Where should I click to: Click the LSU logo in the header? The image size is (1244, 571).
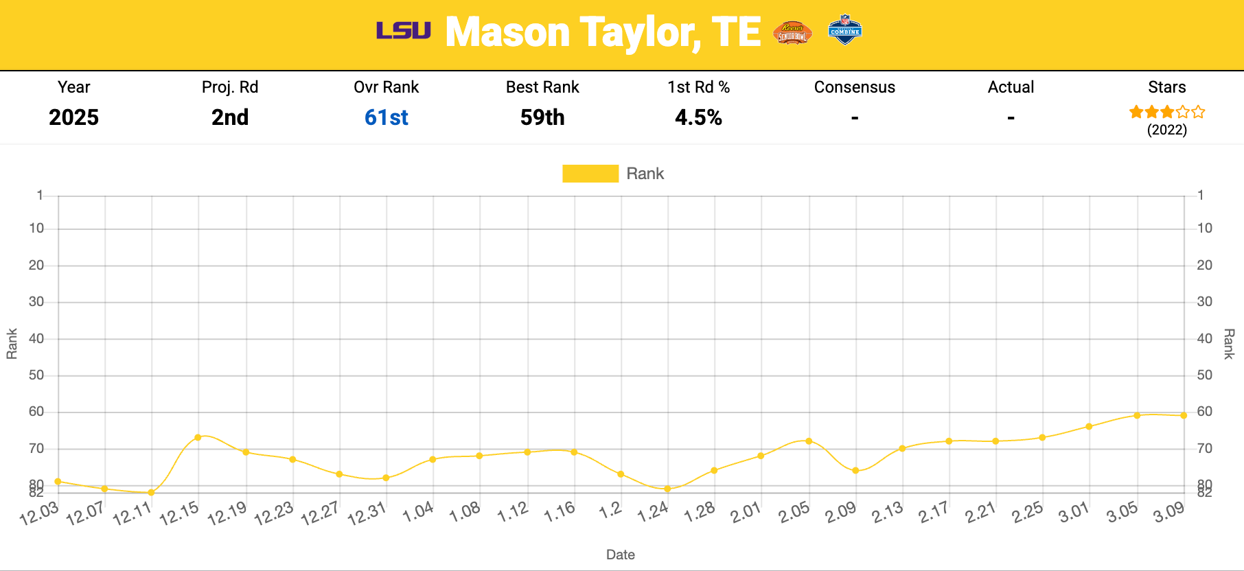click(x=403, y=31)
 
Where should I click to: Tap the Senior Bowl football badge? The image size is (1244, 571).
click(x=792, y=32)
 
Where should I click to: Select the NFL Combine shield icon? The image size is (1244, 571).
click(x=844, y=30)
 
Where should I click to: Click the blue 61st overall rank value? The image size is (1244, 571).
click(x=386, y=117)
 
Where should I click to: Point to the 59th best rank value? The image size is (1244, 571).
click(x=542, y=117)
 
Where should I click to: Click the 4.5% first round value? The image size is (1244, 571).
click(x=698, y=117)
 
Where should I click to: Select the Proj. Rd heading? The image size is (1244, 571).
click(x=230, y=87)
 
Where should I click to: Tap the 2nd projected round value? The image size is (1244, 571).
click(x=230, y=117)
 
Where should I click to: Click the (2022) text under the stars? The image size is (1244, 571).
click(x=1166, y=130)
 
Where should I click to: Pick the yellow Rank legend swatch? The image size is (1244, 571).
click(x=590, y=174)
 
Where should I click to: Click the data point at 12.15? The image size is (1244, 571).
click(x=198, y=437)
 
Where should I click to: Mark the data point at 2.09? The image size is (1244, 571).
click(x=855, y=471)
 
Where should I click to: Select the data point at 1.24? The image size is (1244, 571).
click(x=667, y=489)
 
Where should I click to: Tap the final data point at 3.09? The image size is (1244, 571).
click(x=1184, y=415)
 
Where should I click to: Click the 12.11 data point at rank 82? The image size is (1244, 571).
click(x=151, y=492)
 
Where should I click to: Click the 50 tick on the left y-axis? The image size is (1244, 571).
click(x=36, y=375)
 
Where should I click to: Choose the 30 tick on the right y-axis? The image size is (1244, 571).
click(x=1205, y=302)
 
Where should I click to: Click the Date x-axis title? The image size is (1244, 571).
click(x=620, y=555)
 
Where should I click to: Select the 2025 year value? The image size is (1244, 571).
click(x=73, y=117)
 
